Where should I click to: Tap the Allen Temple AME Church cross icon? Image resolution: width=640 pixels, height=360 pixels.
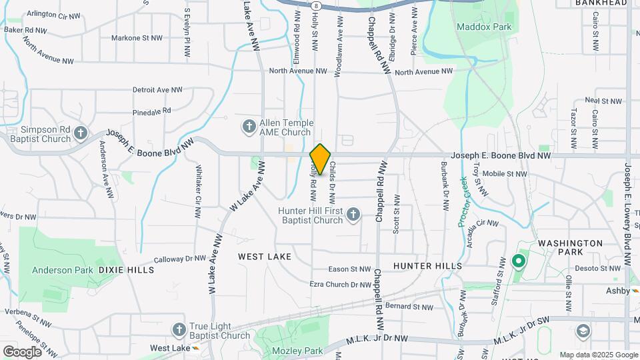click(x=249, y=126)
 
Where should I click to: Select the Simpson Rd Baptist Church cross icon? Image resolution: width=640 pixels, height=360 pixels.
click(x=81, y=133)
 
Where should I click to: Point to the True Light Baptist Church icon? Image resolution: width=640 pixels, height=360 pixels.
click(x=179, y=329)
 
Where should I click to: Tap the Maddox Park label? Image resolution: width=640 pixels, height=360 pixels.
click(x=484, y=27)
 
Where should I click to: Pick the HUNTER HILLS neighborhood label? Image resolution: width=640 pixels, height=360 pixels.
click(x=427, y=265)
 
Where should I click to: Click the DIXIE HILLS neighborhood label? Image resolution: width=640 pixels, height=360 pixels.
click(x=126, y=270)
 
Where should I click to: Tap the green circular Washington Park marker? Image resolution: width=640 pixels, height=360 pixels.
click(x=517, y=261)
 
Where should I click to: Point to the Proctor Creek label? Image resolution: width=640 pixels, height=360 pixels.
click(x=464, y=201)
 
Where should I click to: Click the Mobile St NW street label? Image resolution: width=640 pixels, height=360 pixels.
click(x=504, y=173)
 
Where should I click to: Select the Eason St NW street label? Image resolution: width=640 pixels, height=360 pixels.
click(x=350, y=269)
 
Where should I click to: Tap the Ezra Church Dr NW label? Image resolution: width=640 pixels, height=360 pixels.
click(x=340, y=285)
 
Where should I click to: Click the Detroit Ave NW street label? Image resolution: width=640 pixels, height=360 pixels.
click(x=157, y=89)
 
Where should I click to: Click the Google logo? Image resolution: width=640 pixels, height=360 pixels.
click(x=22, y=352)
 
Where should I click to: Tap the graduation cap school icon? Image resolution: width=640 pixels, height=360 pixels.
click(x=583, y=331)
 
